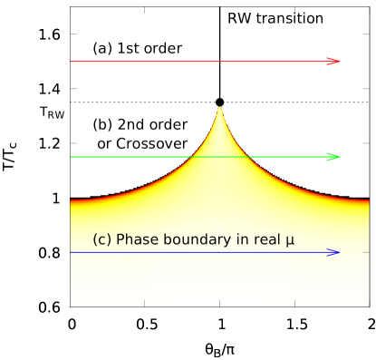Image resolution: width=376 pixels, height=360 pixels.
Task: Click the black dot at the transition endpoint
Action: click(219, 102)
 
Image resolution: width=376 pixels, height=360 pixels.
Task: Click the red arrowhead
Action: click(333, 61)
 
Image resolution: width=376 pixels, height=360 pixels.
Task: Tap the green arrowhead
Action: click(333, 157)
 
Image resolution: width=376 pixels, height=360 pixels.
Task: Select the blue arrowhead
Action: click(333, 252)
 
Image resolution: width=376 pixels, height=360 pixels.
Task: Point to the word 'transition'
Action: click(289, 19)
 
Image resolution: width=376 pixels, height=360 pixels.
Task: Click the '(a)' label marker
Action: click(102, 48)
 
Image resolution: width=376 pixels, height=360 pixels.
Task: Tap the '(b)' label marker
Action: click(103, 125)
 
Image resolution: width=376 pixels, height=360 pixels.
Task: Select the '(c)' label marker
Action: click(101, 239)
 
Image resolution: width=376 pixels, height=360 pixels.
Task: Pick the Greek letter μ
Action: click(289, 240)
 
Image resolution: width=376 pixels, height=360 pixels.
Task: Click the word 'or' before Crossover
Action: click(104, 144)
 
